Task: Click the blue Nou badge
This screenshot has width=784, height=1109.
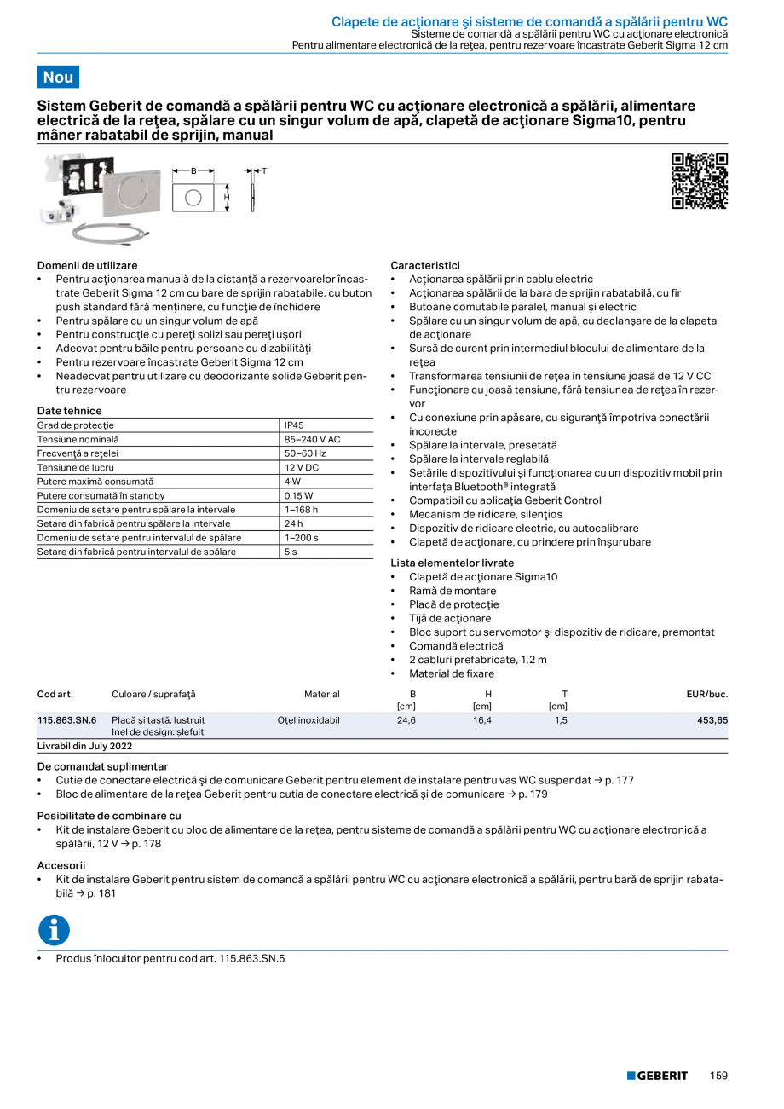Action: [58, 77]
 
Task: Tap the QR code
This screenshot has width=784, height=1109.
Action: [700, 181]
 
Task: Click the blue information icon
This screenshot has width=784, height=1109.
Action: [54, 930]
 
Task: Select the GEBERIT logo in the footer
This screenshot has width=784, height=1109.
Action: [657, 1076]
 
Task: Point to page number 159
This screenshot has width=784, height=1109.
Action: [718, 1076]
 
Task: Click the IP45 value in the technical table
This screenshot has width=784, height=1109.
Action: [294, 425]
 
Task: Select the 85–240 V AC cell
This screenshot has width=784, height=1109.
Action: [312, 439]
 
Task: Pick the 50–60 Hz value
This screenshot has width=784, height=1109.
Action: [304, 453]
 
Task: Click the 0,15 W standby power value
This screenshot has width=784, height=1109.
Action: [298, 495]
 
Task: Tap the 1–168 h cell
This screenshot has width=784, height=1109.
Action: [301, 510]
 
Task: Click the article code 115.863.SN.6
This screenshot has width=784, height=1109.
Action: [67, 720]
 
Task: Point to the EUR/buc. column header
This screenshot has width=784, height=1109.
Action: [706, 694]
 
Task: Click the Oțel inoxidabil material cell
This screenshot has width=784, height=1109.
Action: [308, 720]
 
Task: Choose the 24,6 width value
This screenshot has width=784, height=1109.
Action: [406, 720]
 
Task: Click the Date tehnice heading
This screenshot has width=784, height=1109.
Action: [69, 411]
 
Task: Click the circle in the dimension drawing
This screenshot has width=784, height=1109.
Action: [193, 198]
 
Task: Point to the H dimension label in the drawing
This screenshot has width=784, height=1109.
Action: [227, 198]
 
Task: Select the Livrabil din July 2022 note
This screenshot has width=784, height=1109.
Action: [84, 746]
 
